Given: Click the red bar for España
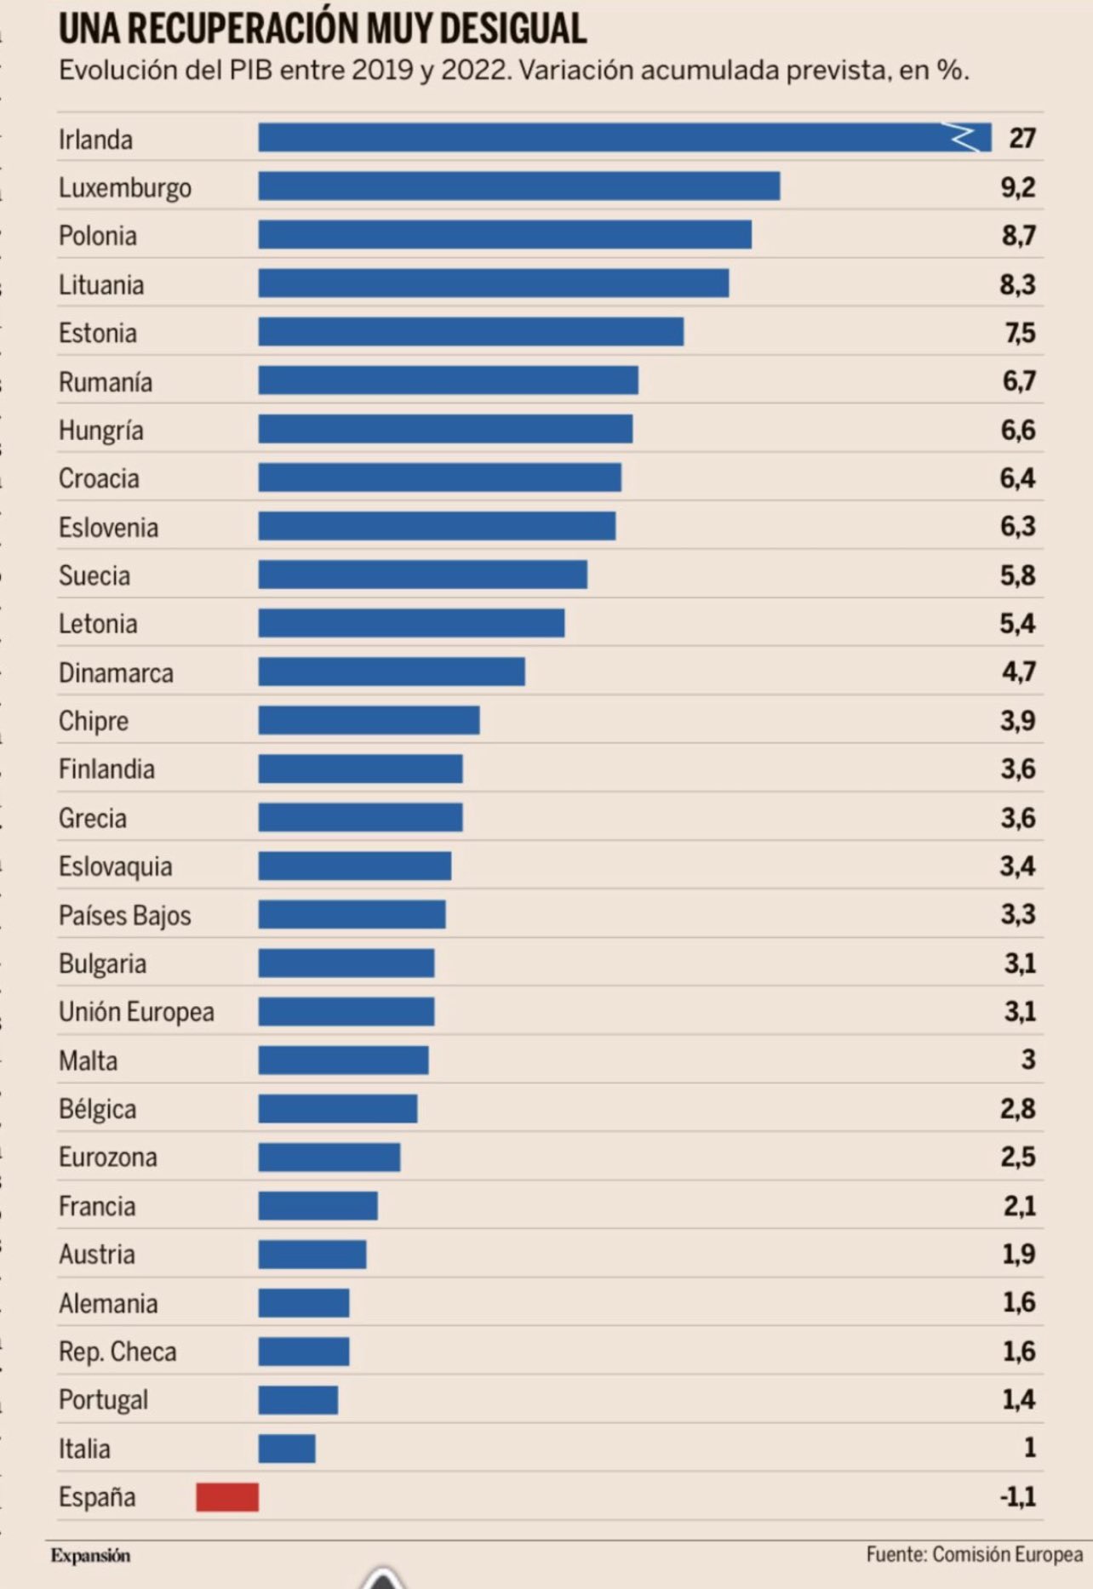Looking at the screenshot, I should click(227, 1497).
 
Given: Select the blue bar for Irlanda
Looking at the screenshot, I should click(596, 138).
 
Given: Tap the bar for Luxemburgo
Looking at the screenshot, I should click(519, 186).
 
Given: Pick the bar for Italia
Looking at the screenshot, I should click(287, 1449).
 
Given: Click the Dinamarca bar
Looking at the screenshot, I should click(392, 672).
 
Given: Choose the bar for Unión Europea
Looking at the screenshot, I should click(346, 1011).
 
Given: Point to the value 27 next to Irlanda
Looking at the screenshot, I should click(1021, 138).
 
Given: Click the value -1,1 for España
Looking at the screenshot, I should click(1017, 1496).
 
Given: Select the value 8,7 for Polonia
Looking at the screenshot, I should click(1018, 235).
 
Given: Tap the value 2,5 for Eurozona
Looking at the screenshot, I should click(1018, 1157).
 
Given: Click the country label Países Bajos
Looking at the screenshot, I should click(124, 916).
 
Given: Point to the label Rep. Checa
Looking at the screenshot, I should click(117, 1352).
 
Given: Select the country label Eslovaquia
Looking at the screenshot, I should click(115, 866).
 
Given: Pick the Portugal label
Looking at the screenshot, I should click(103, 1400).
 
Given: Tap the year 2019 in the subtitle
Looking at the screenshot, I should click(382, 70).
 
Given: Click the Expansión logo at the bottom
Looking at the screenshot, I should click(90, 1556).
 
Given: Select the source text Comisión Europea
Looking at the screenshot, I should click(1008, 1554).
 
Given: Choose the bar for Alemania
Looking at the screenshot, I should click(304, 1303).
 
